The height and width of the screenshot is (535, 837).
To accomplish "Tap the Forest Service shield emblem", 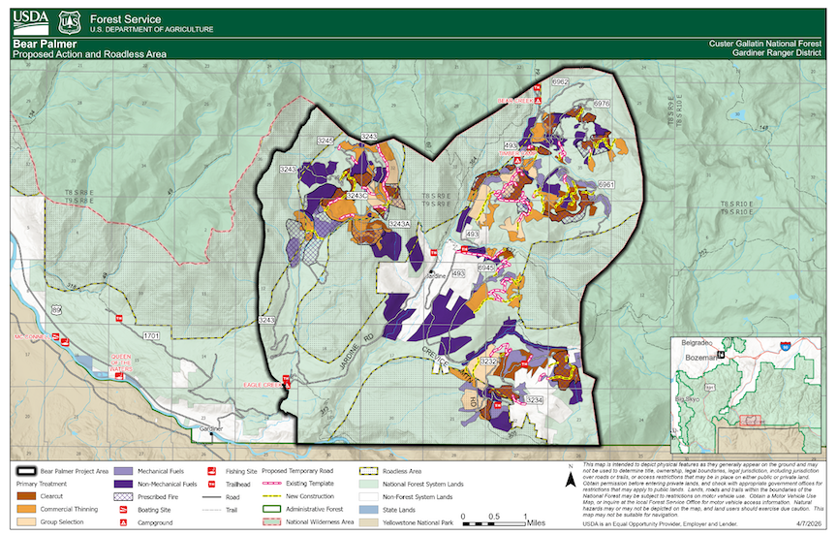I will [x=68, y=21].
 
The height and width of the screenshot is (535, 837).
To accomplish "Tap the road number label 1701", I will [x=150, y=335].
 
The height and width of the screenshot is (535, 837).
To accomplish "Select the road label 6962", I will [x=559, y=82].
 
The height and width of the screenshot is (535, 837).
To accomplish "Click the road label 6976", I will [x=601, y=103].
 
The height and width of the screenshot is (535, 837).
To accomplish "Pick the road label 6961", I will [x=606, y=184].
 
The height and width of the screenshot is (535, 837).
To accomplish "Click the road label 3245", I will [x=325, y=142].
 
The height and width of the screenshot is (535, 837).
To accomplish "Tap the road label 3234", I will [x=534, y=399].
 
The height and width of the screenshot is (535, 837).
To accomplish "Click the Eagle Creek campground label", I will [x=263, y=385].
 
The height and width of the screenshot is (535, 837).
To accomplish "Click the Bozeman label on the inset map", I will [x=704, y=358].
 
